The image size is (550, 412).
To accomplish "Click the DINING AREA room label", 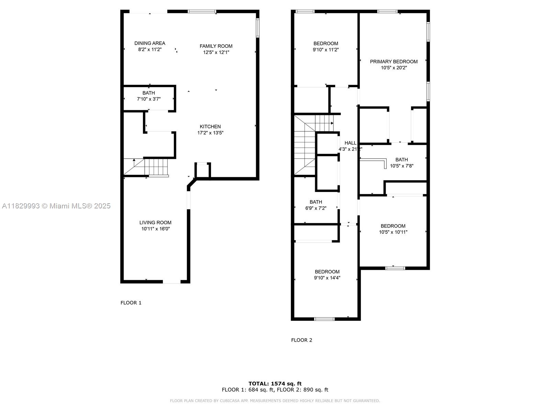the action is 150,43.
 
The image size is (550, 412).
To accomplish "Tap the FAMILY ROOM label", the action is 216,46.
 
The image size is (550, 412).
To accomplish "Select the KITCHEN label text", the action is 210,127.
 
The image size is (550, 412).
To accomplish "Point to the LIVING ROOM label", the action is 155,222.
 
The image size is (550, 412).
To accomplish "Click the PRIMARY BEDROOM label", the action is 394,61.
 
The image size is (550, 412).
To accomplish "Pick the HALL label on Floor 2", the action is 350,143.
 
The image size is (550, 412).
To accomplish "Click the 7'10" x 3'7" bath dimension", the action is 148,99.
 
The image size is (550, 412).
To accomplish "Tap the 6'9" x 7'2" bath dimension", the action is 316,208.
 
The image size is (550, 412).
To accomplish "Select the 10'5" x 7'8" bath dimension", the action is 401,166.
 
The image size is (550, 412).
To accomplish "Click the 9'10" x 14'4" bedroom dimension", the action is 327,278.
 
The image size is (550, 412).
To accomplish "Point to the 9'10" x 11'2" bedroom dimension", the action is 326,50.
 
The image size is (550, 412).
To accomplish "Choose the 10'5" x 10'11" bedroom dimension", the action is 393,232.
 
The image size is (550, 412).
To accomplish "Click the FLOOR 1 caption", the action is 131,303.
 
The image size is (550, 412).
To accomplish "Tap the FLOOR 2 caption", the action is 301,340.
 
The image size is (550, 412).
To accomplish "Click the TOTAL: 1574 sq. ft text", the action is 275,384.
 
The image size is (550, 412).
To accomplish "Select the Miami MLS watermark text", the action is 56,206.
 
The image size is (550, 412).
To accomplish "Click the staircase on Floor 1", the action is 146,167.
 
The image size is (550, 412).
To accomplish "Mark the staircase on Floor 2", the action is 313,145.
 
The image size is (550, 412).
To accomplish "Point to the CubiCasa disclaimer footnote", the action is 275,401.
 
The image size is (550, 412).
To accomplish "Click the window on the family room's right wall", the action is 257,28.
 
